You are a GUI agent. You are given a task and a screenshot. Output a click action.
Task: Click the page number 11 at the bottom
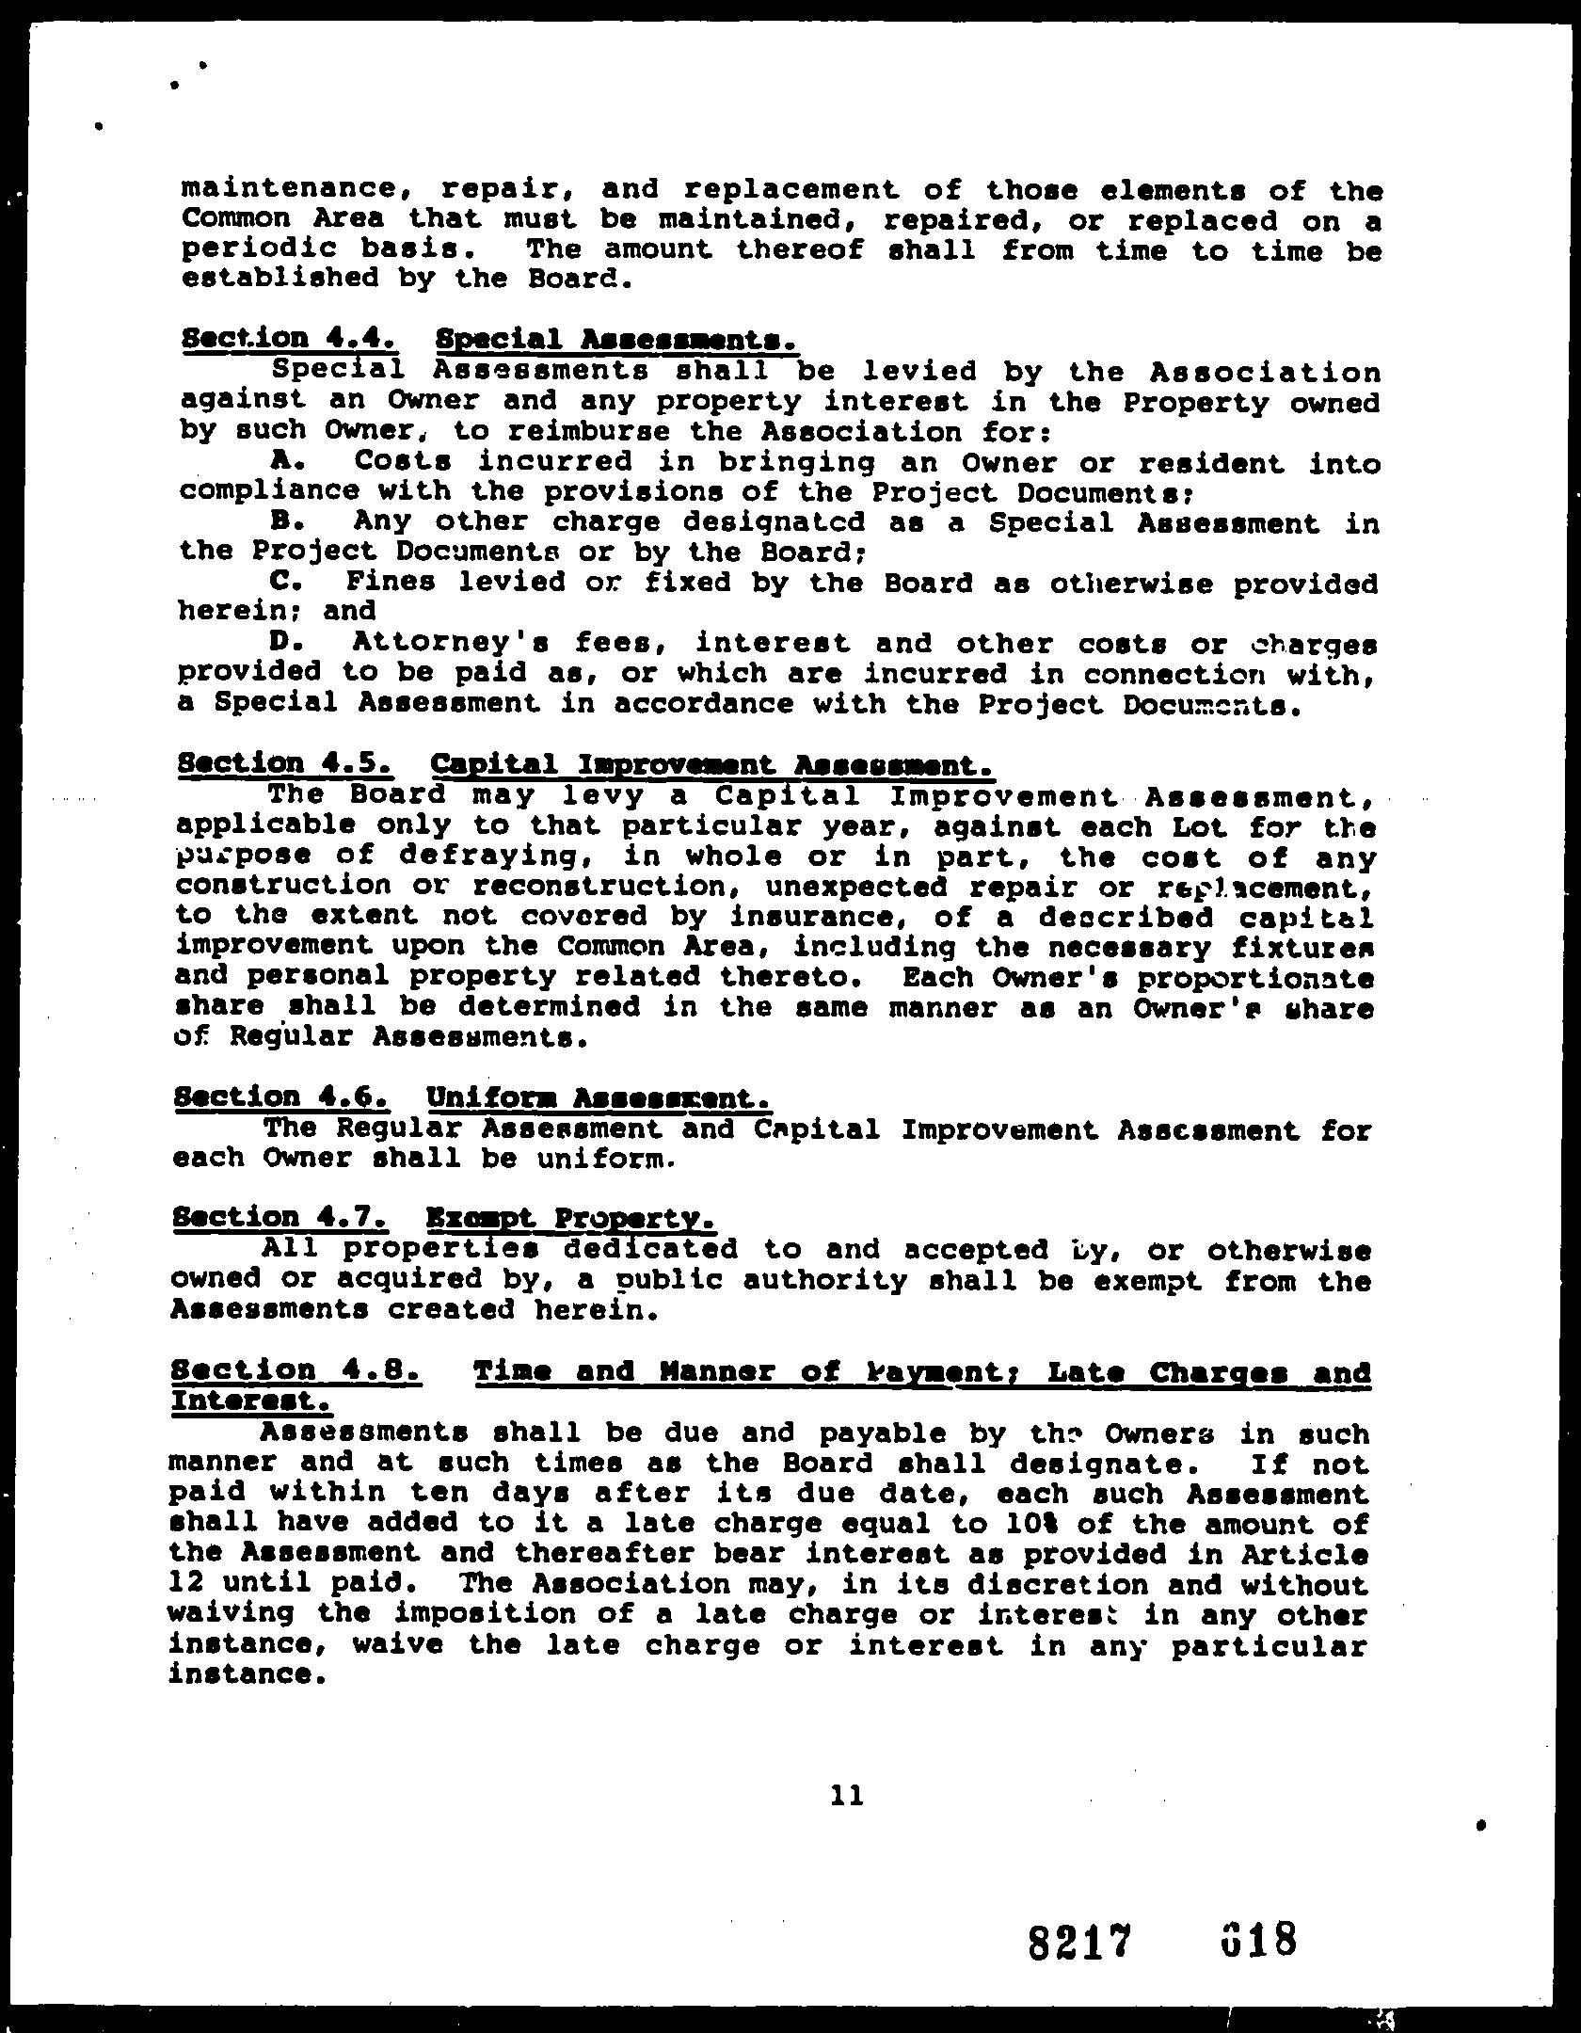tap(847, 1796)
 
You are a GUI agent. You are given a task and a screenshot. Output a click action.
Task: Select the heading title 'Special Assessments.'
tap(619, 339)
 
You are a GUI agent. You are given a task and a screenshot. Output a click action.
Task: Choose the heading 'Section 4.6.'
tap(280, 1097)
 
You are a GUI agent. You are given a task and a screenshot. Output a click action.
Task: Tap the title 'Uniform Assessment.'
tap(599, 1097)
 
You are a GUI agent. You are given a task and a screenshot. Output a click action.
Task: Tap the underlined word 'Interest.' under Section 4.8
tap(249, 1401)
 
